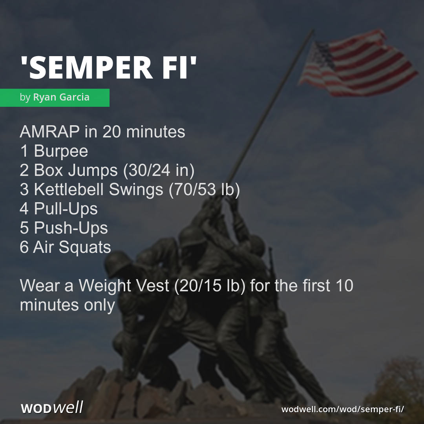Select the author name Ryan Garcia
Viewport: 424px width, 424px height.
(x=61, y=97)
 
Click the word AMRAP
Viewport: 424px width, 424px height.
(x=49, y=132)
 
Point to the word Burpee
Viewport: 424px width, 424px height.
(x=61, y=151)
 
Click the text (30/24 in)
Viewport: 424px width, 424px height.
(x=159, y=170)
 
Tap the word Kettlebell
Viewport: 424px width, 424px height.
(x=69, y=190)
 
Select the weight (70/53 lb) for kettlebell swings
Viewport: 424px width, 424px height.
(x=204, y=190)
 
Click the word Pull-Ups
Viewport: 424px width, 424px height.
(x=66, y=209)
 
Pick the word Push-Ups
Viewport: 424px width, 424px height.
(x=71, y=228)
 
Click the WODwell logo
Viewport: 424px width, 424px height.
(x=52, y=408)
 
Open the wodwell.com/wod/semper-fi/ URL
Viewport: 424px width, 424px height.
(x=343, y=409)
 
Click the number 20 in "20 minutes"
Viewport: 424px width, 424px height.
(x=112, y=132)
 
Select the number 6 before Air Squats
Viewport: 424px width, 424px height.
(x=24, y=247)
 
